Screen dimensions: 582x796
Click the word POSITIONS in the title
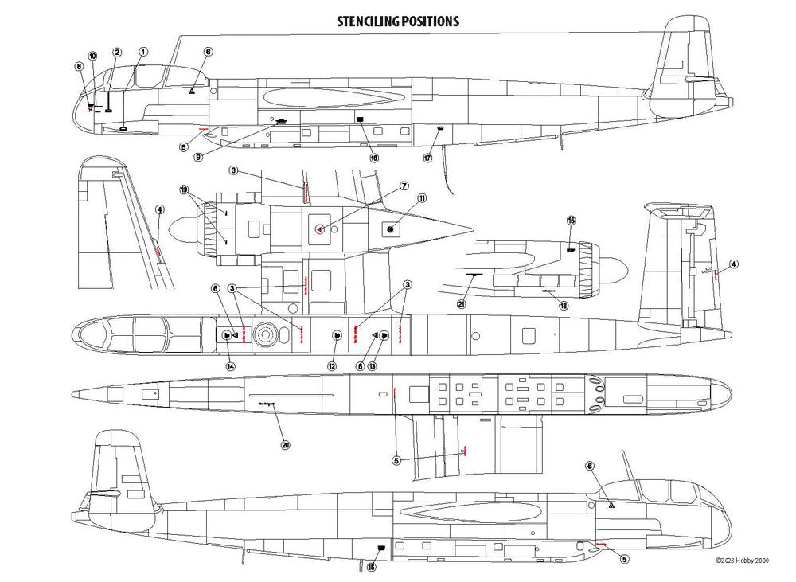click(x=430, y=21)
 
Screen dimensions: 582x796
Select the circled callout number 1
click(x=142, y=52)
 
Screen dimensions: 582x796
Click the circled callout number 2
click(x=117, y=52)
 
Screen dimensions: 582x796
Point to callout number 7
click(x=404, y=186)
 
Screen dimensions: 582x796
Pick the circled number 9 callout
click(x=198, y=157)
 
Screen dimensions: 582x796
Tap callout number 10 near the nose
click(x=92, y=56)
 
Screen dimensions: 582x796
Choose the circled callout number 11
click(x=422, y=197)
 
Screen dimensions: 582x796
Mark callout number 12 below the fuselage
click(x=332, y=366)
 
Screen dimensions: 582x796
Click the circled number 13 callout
click(x=372, y=366)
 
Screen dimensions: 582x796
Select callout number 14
click(x=230, y=366)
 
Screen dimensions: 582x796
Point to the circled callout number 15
click(x=571, y=220)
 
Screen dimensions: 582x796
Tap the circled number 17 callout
click(x=427, y=158)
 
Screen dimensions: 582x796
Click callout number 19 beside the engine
click(x=184, y=190)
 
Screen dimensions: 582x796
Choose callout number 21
click(x=462, y=303)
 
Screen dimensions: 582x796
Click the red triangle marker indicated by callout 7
click(x=318, y=229)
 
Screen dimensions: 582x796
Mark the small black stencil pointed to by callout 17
click(x=439, y=128)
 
